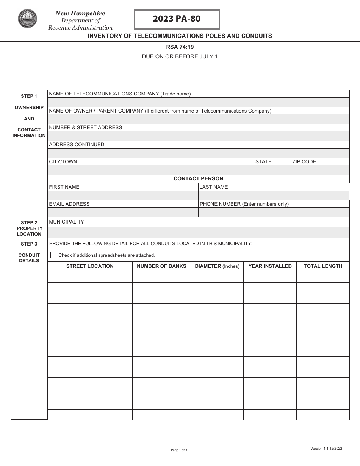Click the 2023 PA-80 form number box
(x=177, y=19)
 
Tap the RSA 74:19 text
(x=180, y=47)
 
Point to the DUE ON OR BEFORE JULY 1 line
(x=180, y=56)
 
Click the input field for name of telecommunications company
(x=198, y=102)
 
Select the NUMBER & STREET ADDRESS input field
(x=198, y=136)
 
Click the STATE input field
(x=272, y=170)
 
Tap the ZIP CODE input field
(x=320, y=170)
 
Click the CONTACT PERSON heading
(x=198, y=178)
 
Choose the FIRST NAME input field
(x=123, y=195)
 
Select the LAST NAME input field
(x=274, y=195)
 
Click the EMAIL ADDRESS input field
(x=123, y=212)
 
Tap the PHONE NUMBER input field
(x=274, y=212)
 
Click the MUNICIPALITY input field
(x=198, y=232)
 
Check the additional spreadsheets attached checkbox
(x=53, y=255)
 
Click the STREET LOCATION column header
(x=90, y=266)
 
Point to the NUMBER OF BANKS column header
(x=161, y=266)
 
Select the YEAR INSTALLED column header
(x=270, y=266)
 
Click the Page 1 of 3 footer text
(x=179, y=450)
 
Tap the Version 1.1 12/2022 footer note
(x=326, y=449)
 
